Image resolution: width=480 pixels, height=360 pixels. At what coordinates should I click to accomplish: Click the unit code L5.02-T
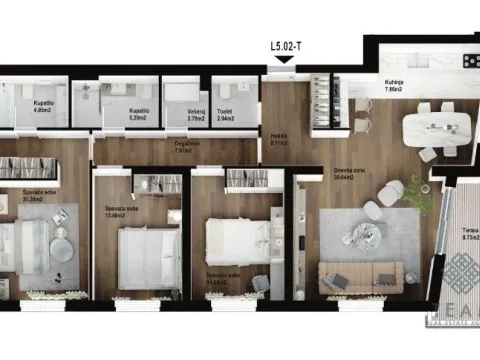pos(285,45)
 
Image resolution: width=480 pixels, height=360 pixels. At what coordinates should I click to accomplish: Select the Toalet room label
pos(226,116)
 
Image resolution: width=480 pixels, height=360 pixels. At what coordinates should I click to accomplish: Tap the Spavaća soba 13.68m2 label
pos(122,211)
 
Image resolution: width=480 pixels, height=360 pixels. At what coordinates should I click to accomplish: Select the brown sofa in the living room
pos(360,276)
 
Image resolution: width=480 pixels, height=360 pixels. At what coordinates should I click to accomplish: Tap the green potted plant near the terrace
pos(419,193)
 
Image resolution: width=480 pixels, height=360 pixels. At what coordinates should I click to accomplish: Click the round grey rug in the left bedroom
pos(62,248)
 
